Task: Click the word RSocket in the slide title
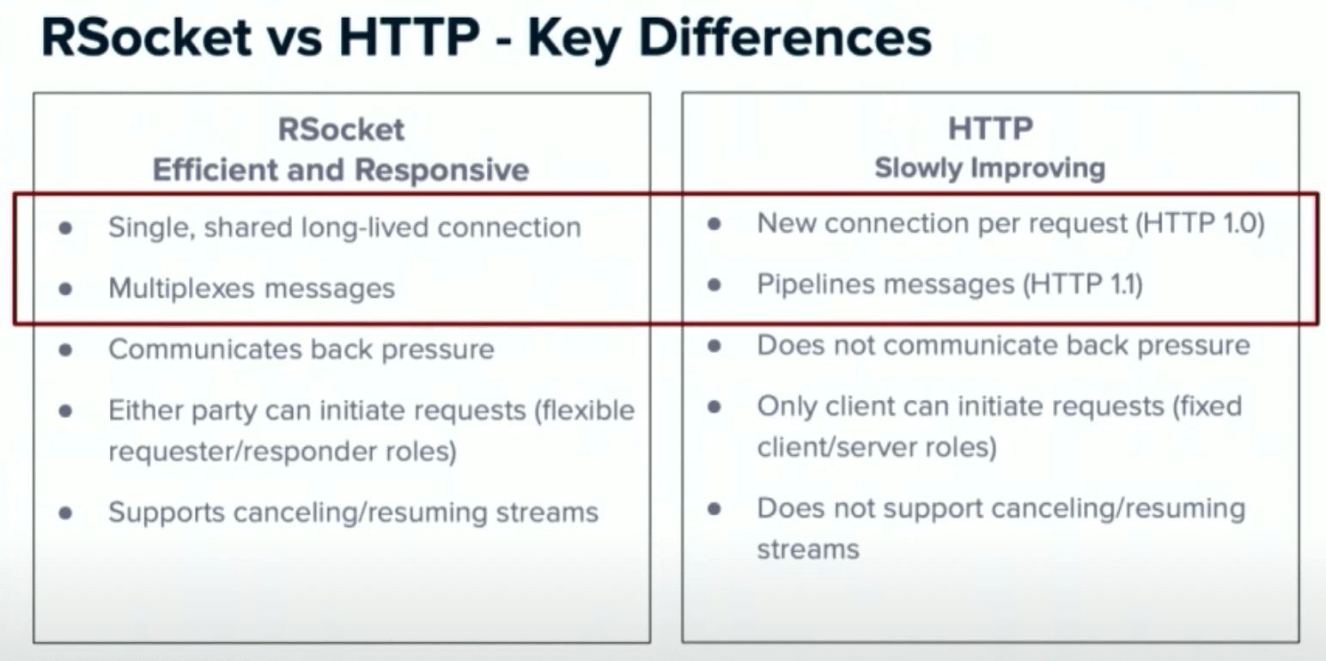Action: click(147, 37)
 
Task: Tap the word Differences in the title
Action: click(786, 37)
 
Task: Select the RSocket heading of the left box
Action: click(342, 130)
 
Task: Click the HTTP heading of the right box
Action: click(990, 129)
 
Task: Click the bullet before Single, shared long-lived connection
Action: click(66, 228)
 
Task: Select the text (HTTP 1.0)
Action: click(1200, 224)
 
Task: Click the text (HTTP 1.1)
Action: click(1083, 284)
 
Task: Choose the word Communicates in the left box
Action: click(204, 349)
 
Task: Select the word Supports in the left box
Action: click(167, 512)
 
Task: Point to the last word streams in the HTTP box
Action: click(809, 549)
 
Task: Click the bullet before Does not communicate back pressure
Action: click(715, 346)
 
